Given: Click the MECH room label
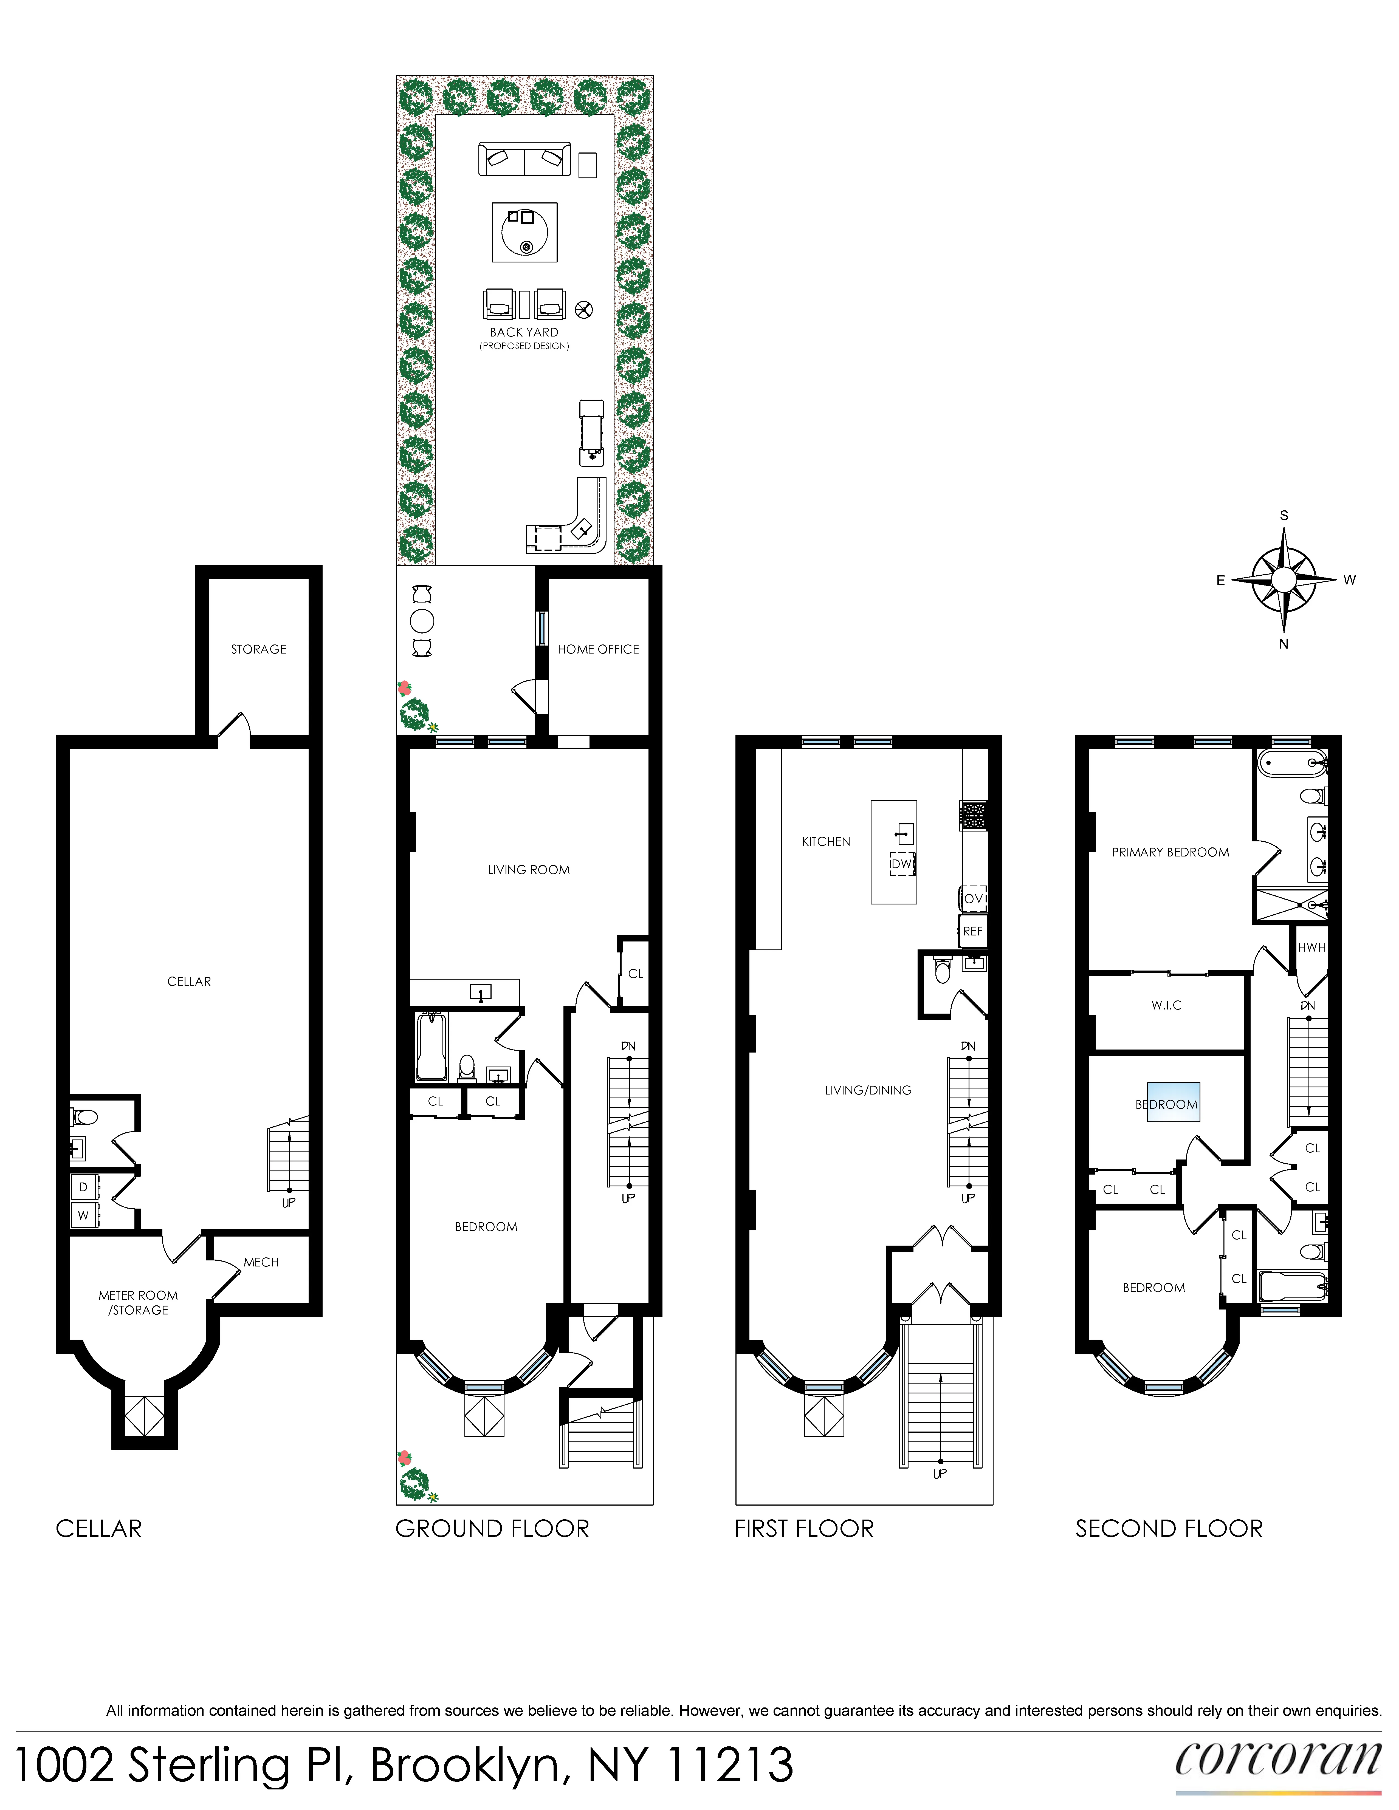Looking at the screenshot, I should point(261,1262).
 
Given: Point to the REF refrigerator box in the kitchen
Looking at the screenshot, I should point(972,932).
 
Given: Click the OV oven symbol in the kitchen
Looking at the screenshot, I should point(973,898).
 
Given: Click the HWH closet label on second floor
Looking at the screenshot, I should point(1311,947).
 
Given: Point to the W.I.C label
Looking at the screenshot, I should point(1166,1005).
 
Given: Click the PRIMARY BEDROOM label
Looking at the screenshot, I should point(1169,852).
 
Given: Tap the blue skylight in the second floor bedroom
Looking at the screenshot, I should point(1173,1103).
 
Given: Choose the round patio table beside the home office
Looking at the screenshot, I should point(422,621).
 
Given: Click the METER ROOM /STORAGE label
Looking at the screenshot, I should point(139,1302).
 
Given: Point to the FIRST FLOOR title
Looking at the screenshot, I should point(804,1529).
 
